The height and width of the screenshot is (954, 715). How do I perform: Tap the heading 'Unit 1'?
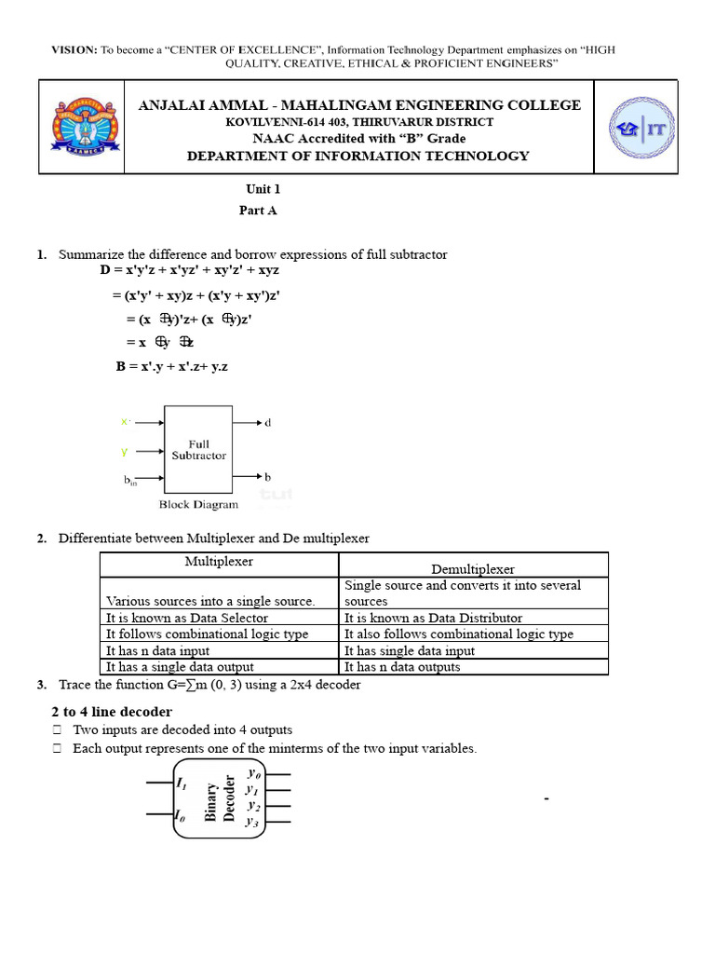tap(263, 188)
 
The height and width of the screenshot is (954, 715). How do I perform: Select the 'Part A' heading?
tap(258, 211)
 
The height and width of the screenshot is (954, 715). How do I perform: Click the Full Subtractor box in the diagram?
tap(198, 449)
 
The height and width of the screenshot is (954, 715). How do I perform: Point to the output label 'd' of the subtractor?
tap(268, 423)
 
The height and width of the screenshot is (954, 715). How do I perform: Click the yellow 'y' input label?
tap(124, 452)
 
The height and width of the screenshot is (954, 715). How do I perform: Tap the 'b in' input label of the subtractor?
tap(130, 481)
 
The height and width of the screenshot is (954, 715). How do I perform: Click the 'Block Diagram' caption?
tap(198, 505)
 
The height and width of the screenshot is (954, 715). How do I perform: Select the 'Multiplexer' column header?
tap(219, 562)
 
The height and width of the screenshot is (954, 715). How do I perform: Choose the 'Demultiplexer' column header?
tap(473, 568)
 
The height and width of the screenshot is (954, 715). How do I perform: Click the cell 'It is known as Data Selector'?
tap(187, 618)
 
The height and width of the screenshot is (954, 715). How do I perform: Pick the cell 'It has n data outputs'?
tap(402, 667)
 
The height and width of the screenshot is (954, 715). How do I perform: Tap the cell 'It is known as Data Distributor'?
tap(433, 618)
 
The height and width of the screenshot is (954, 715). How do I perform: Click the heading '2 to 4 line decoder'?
tap(112, 712)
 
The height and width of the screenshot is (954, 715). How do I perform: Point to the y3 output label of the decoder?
tap(252, 822)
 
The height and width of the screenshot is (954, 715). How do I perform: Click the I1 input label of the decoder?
tap(182, 784)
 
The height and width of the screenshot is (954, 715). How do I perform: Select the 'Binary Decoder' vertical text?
tap(220, 797)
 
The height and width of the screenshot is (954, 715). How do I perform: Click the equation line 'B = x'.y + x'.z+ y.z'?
tap(172, 366)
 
